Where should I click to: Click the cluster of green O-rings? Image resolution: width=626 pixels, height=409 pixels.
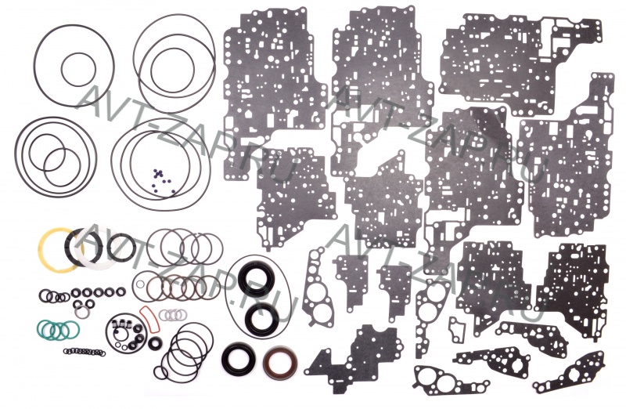point(58,329)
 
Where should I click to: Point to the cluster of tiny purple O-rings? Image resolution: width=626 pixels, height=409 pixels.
point(163,180)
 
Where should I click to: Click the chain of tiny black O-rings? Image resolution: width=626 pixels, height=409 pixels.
point(85,352)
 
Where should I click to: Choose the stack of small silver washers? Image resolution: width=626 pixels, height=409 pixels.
point(172,315)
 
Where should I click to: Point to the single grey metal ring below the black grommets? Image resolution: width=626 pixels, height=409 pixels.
point(82,312)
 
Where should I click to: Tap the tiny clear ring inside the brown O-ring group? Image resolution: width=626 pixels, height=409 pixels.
point(140,284)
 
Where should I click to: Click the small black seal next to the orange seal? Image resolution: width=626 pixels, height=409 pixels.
point(155,343)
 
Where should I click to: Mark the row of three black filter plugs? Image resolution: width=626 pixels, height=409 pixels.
point(119,323)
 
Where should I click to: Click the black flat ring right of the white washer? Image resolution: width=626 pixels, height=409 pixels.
point(122,246)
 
